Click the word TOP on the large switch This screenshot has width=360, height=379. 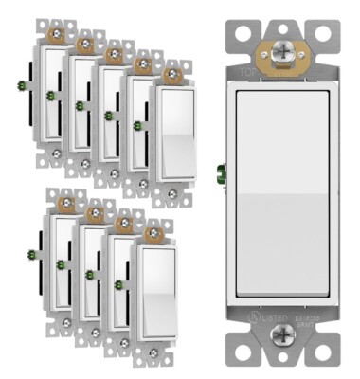pos(247,71)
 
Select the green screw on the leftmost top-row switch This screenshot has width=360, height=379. pos(22,85)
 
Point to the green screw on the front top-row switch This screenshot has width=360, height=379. pos(138,125)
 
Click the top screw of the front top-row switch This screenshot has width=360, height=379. pos(173,75)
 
